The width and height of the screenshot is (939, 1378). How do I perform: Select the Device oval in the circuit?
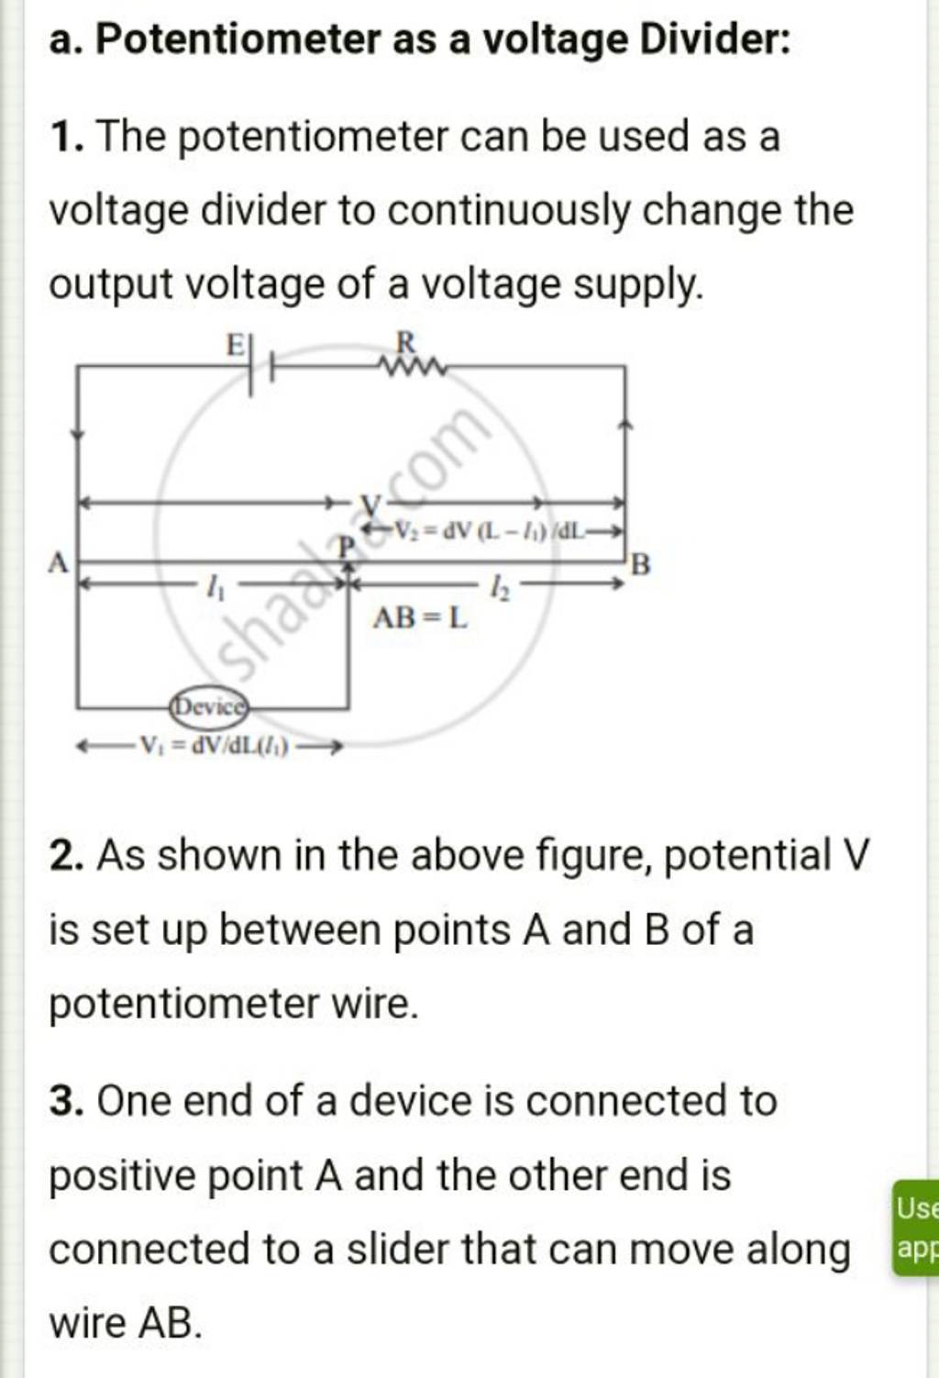coord(210,707)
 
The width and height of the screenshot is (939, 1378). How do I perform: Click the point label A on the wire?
coord(58,561)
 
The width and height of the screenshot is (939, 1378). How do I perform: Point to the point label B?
coord(641,564)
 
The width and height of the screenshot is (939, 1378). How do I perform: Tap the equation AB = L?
coord(419,618)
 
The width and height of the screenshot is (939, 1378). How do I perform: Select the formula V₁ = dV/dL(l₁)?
coord(213,747)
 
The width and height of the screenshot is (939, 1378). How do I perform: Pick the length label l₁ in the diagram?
coord(215,583)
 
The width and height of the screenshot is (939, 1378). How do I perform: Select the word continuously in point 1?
coord(509,211)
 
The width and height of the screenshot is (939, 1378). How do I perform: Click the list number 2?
coord(64,857)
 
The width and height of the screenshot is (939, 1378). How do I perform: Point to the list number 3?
coord(64,1102)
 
